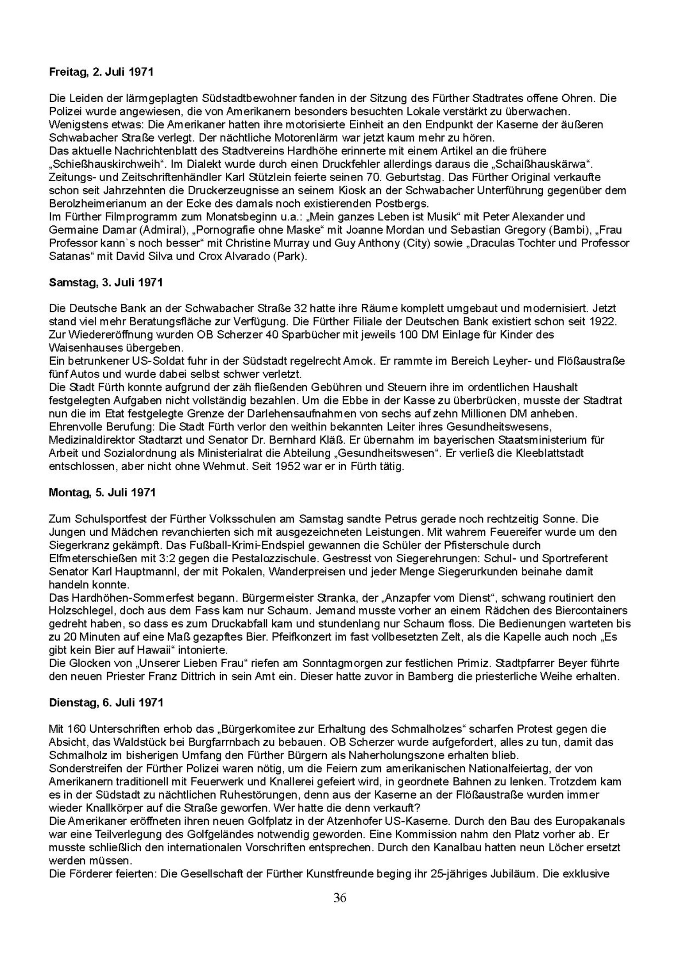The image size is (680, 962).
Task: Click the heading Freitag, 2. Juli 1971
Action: [101, 72]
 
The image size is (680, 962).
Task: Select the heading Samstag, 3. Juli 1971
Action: [105, 282]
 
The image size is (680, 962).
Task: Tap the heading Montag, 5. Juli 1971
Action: [102, 492]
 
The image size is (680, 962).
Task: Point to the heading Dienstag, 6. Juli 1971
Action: [106, 703]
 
